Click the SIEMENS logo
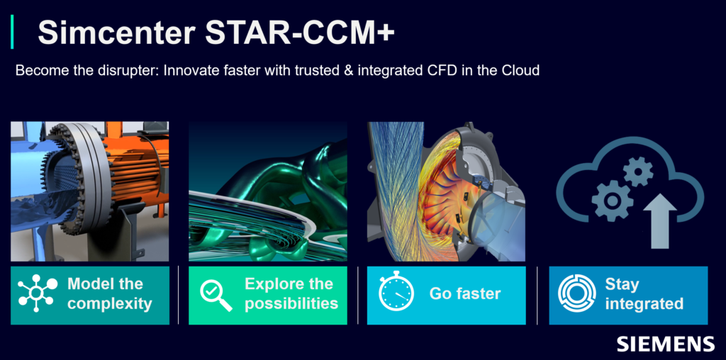(x=665, y=344)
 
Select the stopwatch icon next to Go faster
(x=396, y=291)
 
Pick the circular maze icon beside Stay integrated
(x=576, y=294)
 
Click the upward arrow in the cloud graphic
(x=660, y=220)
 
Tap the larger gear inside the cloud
(x=612, y=201)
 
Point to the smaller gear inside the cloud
(x=638, y=171)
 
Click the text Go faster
(x=465, y=293)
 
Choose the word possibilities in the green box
(x=291, y=304)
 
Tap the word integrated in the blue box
(x=644, y=304)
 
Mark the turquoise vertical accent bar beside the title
(x=12, y=31)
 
